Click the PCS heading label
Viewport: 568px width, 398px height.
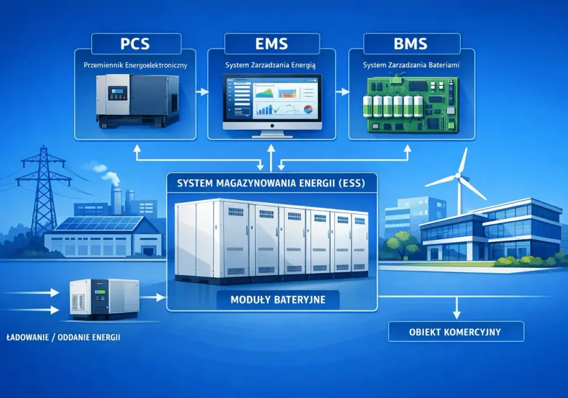click(135, 44)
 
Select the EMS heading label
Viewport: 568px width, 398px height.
click(272, 44)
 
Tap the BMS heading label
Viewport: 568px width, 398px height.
click(411, 44)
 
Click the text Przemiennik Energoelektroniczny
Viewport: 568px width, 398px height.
click(135, 65)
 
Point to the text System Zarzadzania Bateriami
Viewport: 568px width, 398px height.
click(411, 65)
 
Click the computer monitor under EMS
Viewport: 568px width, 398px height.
click(272, 106)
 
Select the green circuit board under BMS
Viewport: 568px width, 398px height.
click(411, 103)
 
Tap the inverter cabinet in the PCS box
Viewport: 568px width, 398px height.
click(137, 101)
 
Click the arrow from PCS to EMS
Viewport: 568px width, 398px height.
click(202, 92)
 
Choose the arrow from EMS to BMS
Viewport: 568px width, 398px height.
click(343, 92)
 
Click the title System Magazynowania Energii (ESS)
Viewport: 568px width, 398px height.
click(271, 183)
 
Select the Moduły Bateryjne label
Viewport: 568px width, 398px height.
click(278, 300)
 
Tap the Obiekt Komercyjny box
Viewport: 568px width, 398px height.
click(456, 331)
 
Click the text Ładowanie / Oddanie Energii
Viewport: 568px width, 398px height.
click(64, 337)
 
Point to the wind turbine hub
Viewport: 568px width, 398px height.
click(458, 176)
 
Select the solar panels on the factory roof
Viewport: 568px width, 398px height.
click(98, 223)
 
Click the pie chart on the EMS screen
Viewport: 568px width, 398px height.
click(308, 109)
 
